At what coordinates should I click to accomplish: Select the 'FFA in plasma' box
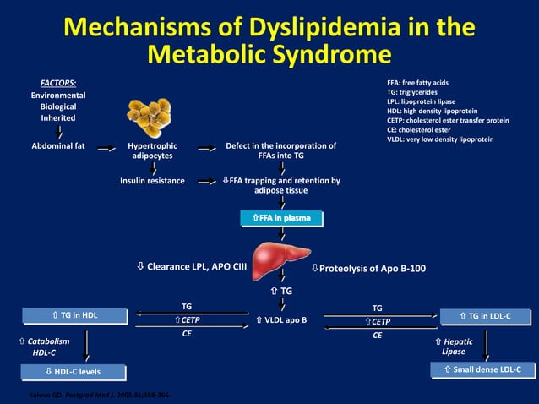(x=281, y=219)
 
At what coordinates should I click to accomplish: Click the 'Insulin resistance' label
(x=152, y=180)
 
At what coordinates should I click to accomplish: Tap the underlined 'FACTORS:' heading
(x=59, y=83)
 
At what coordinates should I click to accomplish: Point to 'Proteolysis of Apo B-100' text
(x=372, y=269)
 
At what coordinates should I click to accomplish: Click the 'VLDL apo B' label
(x=280, y=321)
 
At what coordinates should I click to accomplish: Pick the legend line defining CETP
(x=448, y=120)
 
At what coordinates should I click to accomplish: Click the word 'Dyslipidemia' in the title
(x=321, y=27)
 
